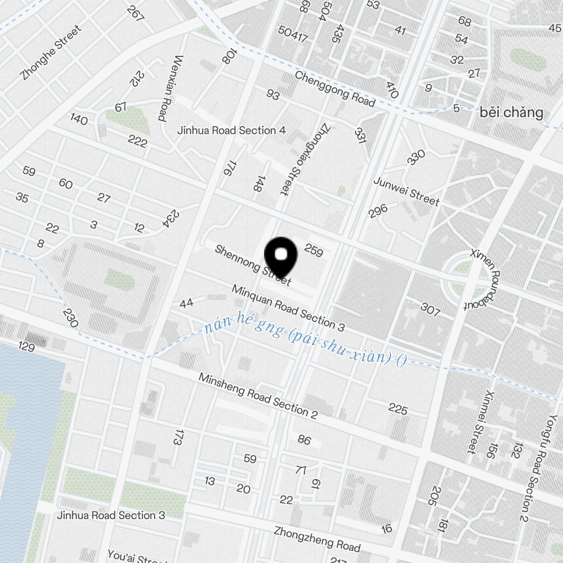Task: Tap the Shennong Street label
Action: pyautogui.click(x=253, y=265)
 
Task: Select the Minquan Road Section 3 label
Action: pyautogui.click(x=288, y=308)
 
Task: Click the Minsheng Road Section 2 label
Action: pyautogui.click(x=258, y=396)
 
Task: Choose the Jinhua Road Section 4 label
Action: pyautogui.click(x=231, y=131)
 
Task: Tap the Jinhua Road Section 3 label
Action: pyautogui.click(x=111, y=515)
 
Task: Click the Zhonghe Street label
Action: pyautogui.click(x=50, y=52)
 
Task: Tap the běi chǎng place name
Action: pyautogui.click(x=512, y=113)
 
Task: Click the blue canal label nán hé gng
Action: pyautogui.click(x=305, y=342)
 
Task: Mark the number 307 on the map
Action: pyautogui.click(x=430, y=309)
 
